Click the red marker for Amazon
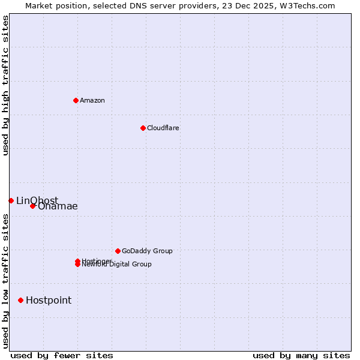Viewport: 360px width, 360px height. (x=76, y=100)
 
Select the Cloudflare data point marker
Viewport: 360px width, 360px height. (x=143, y=128)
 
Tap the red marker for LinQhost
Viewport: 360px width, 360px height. (x=11, y=200)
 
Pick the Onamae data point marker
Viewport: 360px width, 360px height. (x=32, y=206)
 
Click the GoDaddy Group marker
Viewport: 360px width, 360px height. (x=118, y=251)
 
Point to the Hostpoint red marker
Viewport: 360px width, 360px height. (x=20, y=300)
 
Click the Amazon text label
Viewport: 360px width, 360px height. (x=92, y=100)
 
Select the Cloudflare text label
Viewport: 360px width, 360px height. (x=163, y=128)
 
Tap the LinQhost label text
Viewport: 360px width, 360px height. (x=37, y=200)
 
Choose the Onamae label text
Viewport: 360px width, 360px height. (x=58, y=206)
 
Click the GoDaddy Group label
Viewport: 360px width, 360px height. (x=147, y=251)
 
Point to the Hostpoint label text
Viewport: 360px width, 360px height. (x=49, y=301)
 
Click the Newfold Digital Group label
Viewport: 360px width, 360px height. (x=117, y=265)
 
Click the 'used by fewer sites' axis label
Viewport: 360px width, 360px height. (x=62, y=355)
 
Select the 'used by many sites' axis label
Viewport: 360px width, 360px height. (x=301, y=355)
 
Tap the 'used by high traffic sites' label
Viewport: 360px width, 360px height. (x=5, y=85)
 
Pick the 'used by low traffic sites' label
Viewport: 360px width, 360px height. (x=5, y=281)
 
